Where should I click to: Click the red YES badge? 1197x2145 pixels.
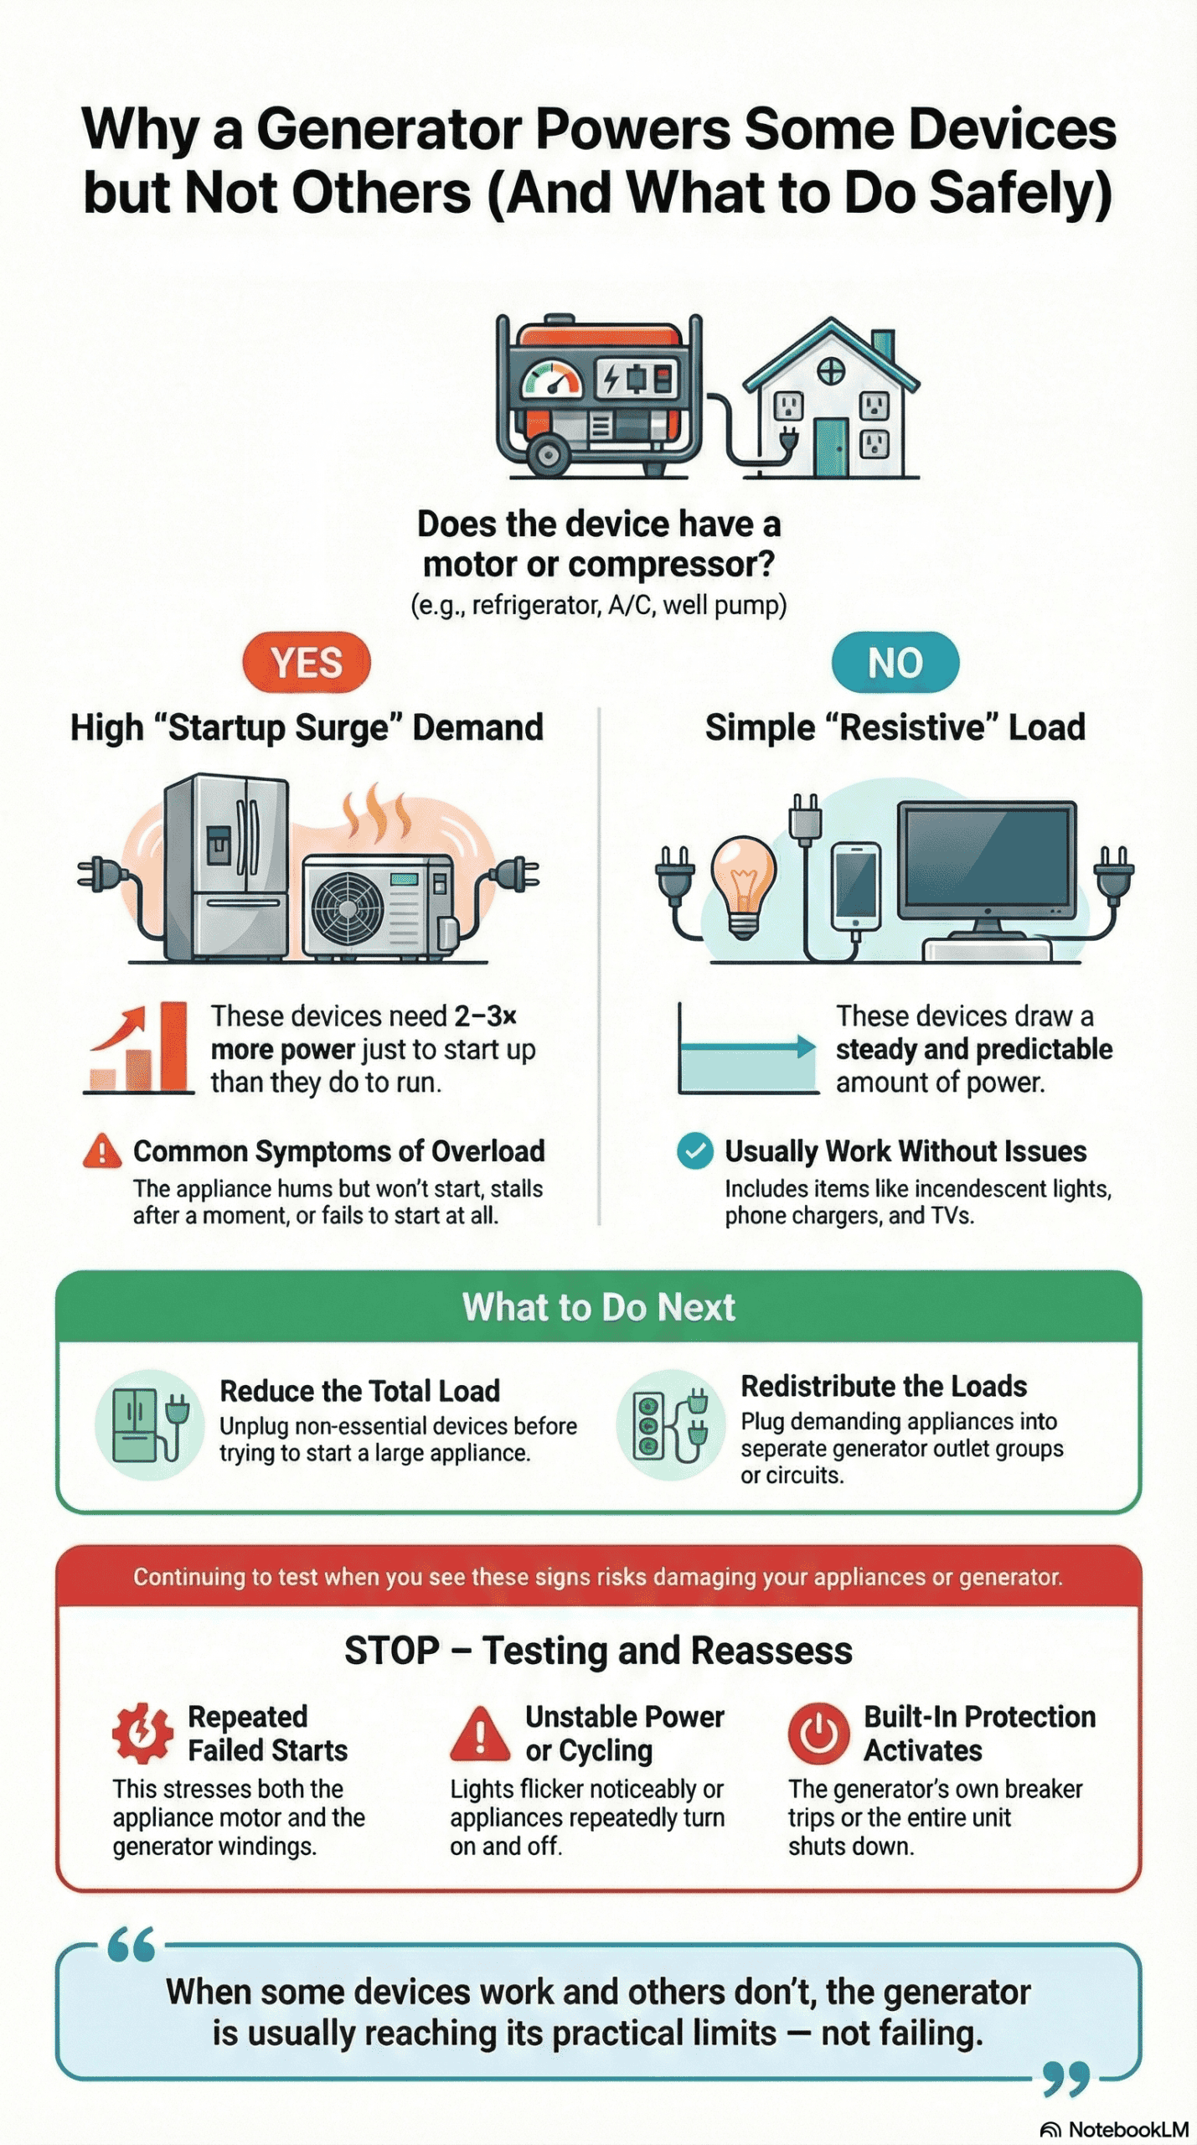[x=307, y=663]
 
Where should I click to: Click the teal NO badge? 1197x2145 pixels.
[x=895, y=663]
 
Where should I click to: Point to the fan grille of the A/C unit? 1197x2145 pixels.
[x=347, y=908]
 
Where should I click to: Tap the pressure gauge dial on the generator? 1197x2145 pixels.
[x=551, y=380]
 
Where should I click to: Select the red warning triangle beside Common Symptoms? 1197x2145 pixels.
[x=102, y=1151]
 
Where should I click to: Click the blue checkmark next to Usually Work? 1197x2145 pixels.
[x=694, y=1150]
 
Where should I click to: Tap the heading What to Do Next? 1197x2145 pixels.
[x=598, y=1307]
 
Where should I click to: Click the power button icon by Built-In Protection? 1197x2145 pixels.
[x=818, y=1733]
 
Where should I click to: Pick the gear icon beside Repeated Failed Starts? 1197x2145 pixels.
[x=142, y=1732]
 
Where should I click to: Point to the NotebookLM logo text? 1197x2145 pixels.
[x=1127, y=2129]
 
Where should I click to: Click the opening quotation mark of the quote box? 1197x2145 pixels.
[x=132, y=1945]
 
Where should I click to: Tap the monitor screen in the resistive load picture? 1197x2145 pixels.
[x=987, y=858]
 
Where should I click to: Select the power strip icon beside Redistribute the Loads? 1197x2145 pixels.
[x=649, y=1424]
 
